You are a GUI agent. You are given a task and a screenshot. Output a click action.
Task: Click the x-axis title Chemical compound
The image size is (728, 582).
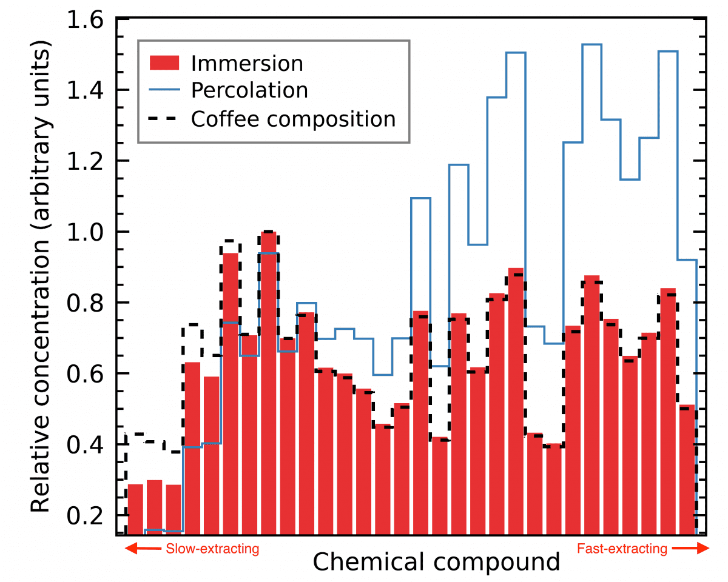click(x=436, y=562)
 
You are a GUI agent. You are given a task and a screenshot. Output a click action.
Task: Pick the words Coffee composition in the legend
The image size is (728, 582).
click(x=293, y=118)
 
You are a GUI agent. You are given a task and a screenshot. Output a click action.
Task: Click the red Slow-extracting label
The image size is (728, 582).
click(x=212, y=549)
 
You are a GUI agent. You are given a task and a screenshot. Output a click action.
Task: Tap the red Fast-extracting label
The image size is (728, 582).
click(x=622, y=549)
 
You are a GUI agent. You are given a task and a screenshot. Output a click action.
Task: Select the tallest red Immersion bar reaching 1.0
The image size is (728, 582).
click(x=269, y=382)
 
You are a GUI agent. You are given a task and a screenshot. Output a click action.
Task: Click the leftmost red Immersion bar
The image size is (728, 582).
click(x=135, y=509)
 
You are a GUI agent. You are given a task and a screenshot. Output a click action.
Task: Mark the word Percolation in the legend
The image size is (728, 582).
click(x=249, y=90)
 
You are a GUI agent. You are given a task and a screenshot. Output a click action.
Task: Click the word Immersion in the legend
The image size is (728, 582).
click(x=246, y=63)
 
